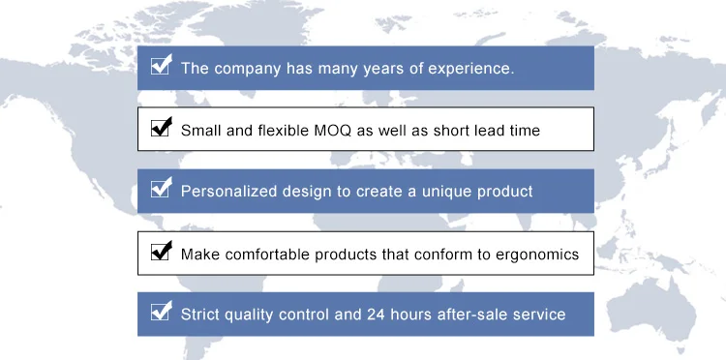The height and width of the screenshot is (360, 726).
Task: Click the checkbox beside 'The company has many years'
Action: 161,65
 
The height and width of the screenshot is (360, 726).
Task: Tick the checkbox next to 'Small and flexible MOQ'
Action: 161,127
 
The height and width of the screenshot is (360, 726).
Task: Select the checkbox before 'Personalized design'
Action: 161,188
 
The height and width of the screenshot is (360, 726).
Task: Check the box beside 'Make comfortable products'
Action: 161,251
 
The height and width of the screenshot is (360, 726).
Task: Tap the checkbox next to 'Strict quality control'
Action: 161,311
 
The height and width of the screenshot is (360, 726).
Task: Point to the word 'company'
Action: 247,69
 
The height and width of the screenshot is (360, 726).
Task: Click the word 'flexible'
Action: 284,130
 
